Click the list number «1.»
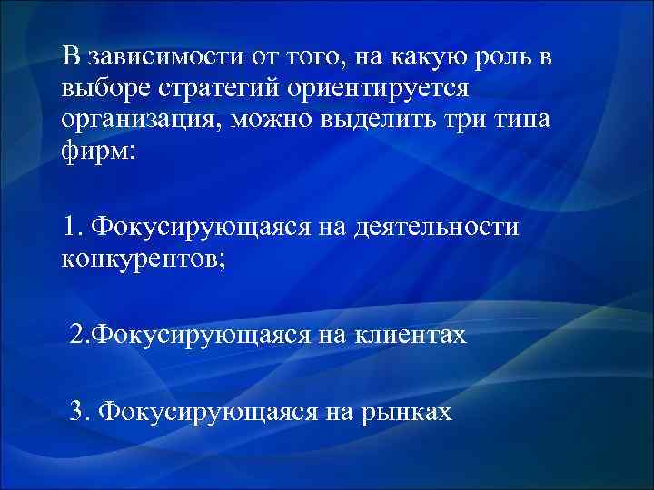[74, 227]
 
